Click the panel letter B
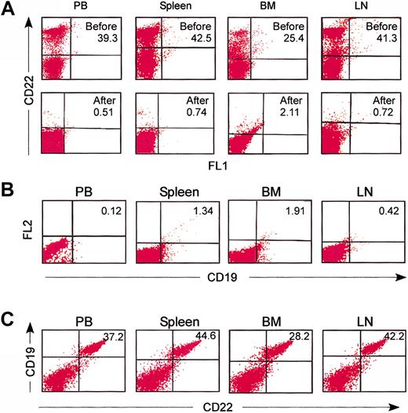coord(11,190)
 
